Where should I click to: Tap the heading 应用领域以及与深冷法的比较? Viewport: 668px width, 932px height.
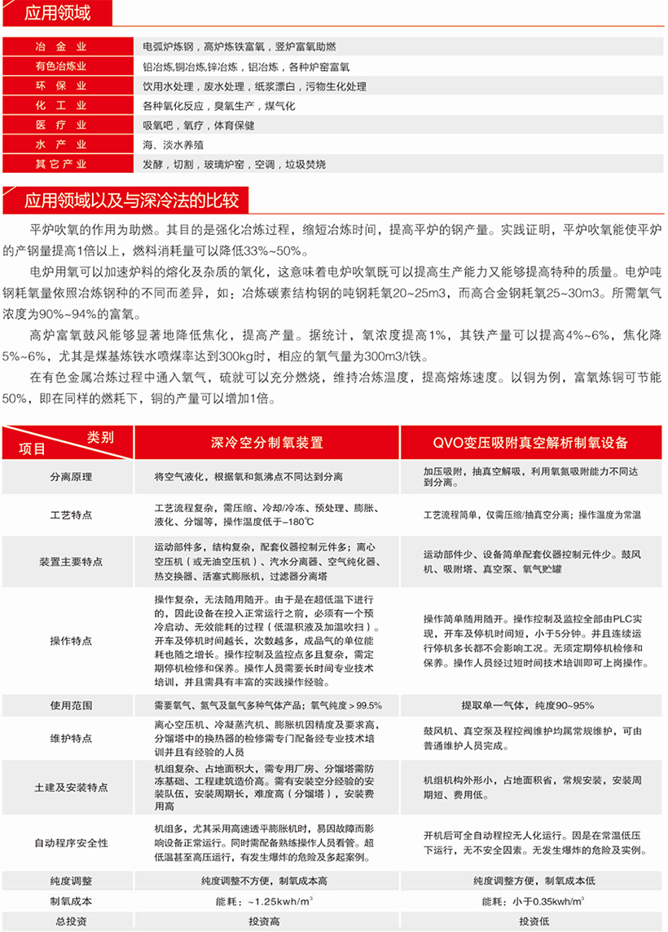coord(130,201)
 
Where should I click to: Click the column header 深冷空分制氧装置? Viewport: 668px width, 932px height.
coord(266,443)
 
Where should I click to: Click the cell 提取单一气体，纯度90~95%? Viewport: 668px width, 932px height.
coord(534,705)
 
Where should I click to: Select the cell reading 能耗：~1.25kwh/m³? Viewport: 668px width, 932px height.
coord(266,902)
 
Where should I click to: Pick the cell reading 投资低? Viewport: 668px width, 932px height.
coord(534,921)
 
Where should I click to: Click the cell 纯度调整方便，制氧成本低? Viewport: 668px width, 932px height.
coord(534,881)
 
